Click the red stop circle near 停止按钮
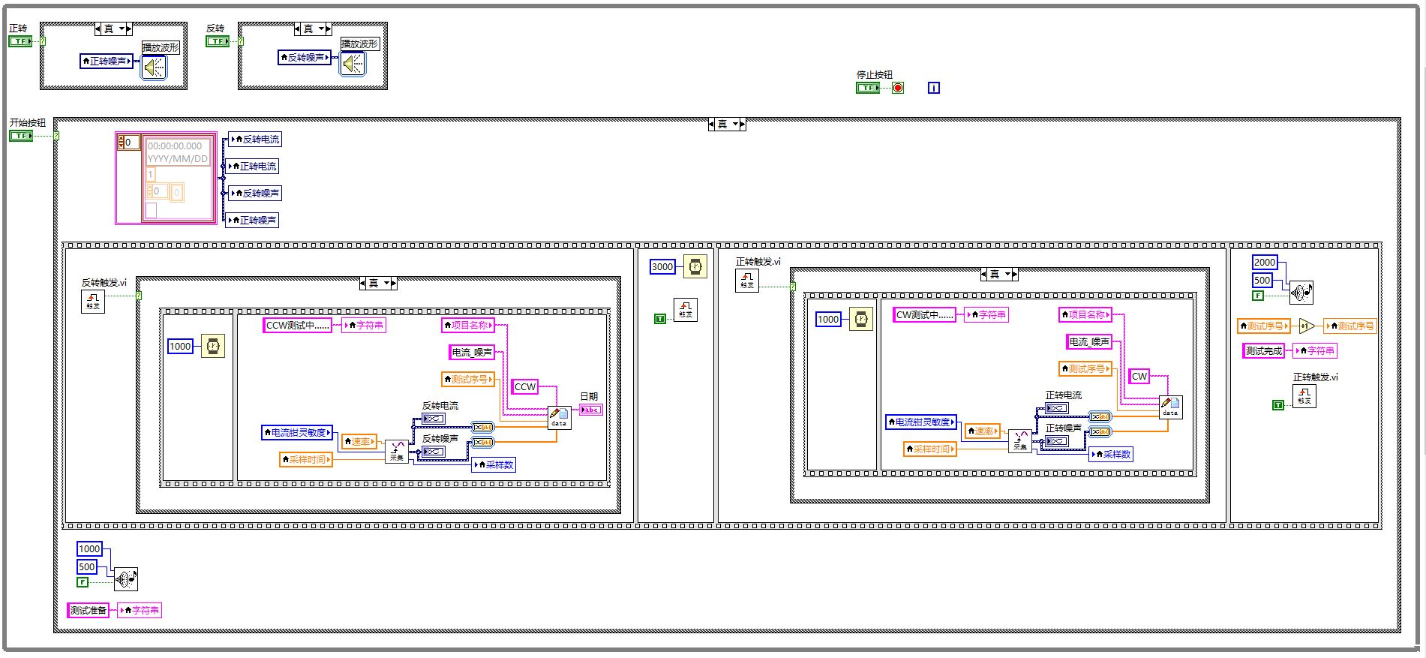898,88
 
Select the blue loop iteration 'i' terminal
933,88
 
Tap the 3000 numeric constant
662,266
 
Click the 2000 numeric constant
1265,262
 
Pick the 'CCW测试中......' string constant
298,325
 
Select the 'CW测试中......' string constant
925,315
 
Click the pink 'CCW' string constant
524,387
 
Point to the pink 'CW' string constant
1139,376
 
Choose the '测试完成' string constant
1264,350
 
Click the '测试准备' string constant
89,610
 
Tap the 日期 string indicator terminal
591,410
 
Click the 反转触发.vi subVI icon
93,301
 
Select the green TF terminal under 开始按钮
21,136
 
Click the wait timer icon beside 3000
696,266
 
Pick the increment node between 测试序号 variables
1307,326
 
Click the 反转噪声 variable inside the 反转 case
305,57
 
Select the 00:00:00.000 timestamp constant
175,146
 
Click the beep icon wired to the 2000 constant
1301,293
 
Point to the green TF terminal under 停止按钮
868,88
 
